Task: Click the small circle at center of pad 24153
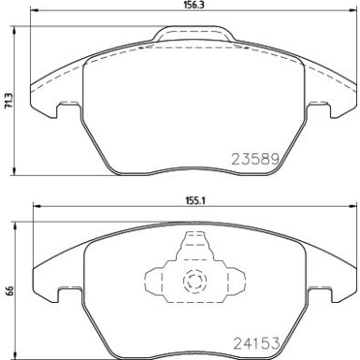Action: coord(194,280)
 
